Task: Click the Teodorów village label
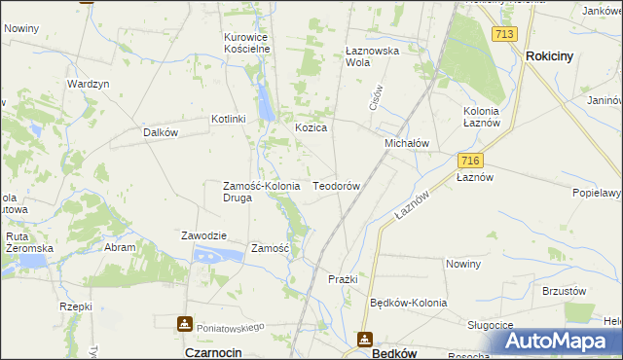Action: [337, 185]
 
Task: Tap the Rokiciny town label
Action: [549, 56]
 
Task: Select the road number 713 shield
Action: [503, 34]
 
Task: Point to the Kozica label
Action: [311, 127]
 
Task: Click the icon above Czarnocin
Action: [184, 323]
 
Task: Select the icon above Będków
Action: [365, 339]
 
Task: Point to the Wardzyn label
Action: [87, 84]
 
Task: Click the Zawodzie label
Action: [204, 235]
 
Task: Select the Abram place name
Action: [121, 247]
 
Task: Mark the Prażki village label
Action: [343, 279]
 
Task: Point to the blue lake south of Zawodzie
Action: [218, 255]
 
